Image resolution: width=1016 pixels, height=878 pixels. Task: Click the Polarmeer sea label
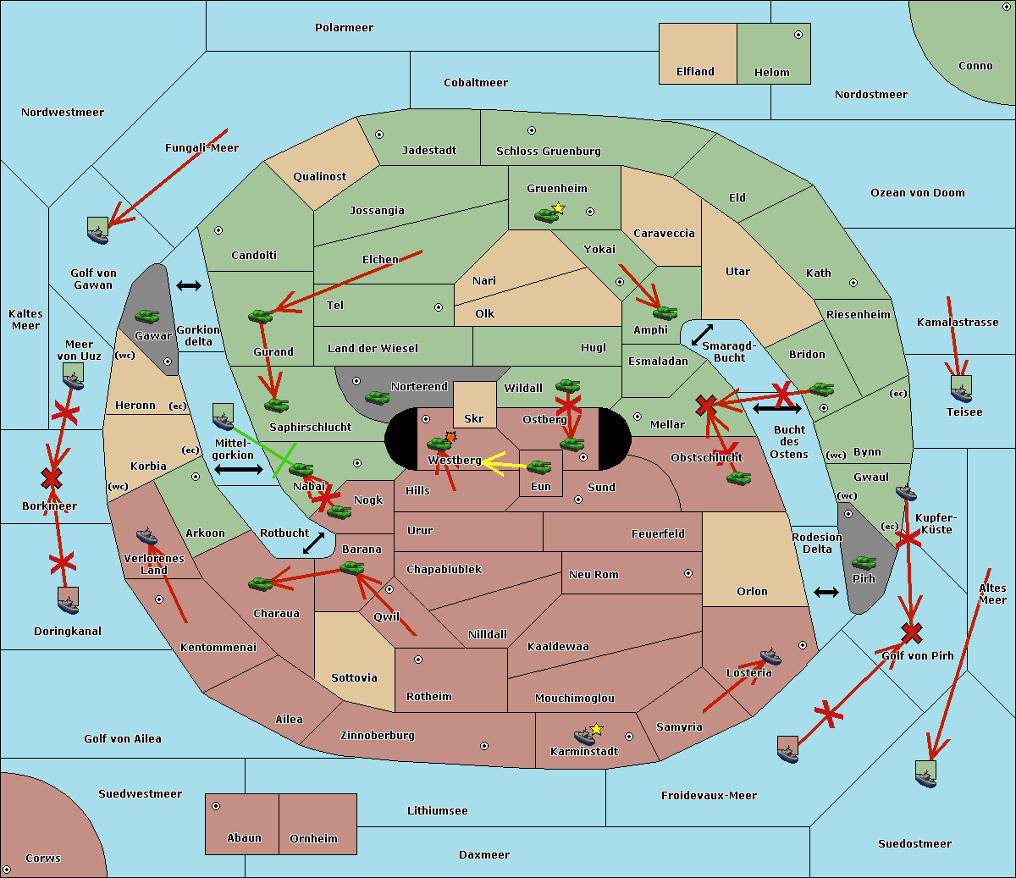click(344, 28)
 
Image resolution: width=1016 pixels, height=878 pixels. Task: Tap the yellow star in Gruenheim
click(558, 208)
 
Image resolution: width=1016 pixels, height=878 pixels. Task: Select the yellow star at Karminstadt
click(597, 729)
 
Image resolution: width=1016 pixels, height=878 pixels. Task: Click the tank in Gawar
click(147, 317)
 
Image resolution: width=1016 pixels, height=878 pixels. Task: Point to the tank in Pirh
click(864, 563)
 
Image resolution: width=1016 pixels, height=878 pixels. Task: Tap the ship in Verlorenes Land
click(146, 536)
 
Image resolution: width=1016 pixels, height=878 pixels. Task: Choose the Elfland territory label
click(695, 72)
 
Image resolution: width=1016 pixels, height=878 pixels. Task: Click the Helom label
click(771, 73)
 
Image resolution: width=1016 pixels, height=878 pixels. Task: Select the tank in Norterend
click(377, 397)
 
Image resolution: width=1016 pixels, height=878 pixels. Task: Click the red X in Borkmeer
click(52, 479)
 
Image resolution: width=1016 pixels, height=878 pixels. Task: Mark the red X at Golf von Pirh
click(911, 632)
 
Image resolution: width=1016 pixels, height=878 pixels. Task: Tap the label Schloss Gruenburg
click(548, 152)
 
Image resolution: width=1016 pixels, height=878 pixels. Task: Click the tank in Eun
click(539, 467)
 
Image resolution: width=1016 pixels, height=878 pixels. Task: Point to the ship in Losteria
click(770, 655)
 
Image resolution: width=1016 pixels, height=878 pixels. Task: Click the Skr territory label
click(474, 418)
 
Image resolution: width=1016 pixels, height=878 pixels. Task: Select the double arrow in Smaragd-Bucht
click(703, 334)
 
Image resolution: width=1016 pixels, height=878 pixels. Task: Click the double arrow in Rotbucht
click(313, 543)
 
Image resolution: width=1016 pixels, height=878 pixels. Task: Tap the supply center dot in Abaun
click(216, 806)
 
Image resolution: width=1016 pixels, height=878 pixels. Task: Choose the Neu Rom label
click(594, 574)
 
